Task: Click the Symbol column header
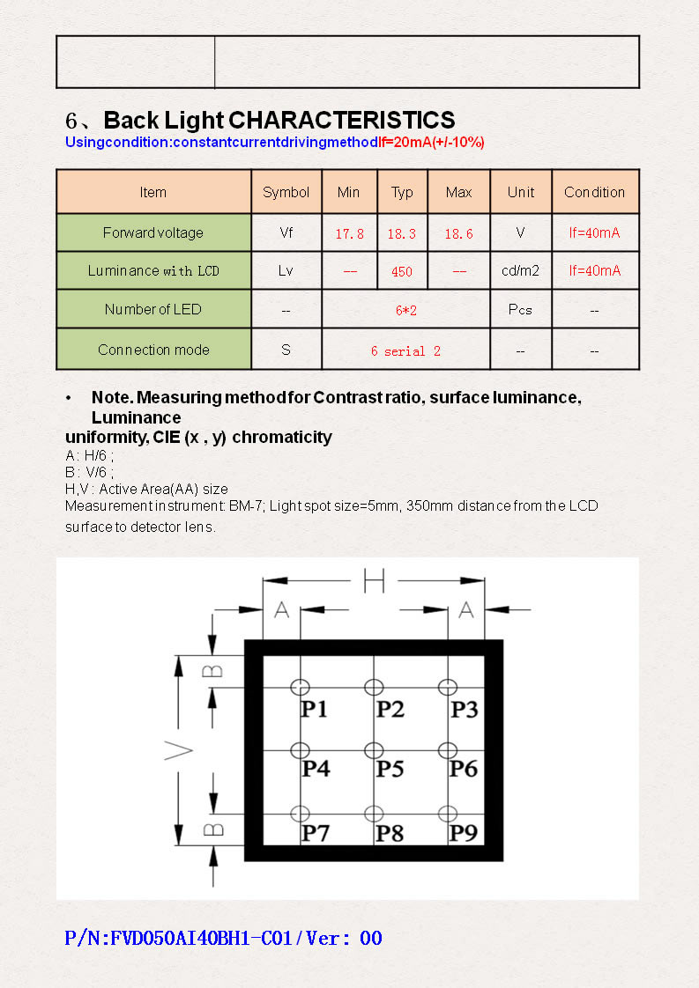coord(286,192)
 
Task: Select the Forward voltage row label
coord(153,232)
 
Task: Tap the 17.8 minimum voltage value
coord(349,234)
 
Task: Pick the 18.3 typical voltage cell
coord(401,234)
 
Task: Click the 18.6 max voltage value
coord(458,234)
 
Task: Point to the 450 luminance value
coord(401,272)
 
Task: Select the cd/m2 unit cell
coord(520,270)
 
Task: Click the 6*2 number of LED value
coord(405,310)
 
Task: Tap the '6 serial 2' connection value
coord(405,350)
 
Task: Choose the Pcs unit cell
coord(520,310)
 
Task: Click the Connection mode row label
coord(153,350)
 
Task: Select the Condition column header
coord(594,192)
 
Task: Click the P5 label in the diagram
coord(390,769)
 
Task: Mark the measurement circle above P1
coord(301,687)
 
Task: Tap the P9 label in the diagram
coord(464,832)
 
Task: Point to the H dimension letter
coord(375,580)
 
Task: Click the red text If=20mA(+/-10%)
coord(431,143)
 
